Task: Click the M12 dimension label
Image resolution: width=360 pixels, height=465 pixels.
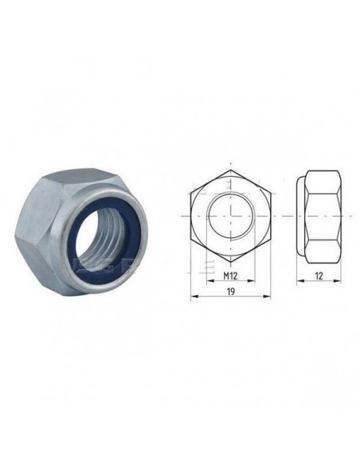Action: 230,276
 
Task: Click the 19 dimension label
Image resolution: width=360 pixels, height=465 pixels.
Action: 231,291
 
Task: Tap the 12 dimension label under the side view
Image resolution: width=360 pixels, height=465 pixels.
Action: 319,276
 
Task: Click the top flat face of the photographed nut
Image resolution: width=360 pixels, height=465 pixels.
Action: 79,178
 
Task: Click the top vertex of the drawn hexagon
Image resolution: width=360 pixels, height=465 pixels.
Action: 231,170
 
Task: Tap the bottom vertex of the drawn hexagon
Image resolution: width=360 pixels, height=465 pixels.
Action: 231,263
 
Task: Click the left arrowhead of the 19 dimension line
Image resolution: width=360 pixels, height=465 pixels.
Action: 194,296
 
